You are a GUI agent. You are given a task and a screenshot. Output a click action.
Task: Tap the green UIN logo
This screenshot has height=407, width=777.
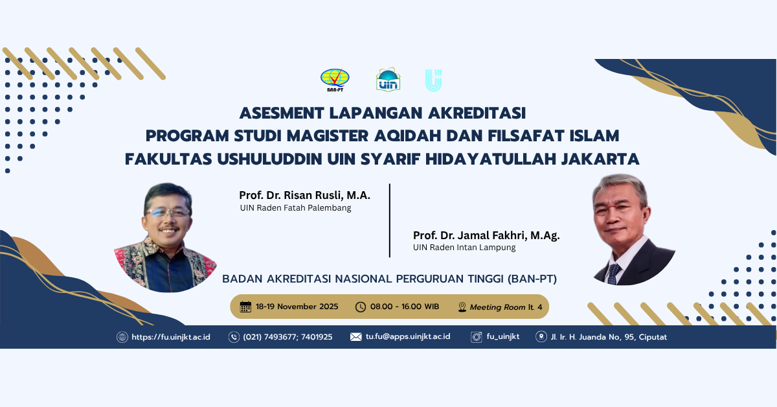pyautogui.click(x=388, y=80)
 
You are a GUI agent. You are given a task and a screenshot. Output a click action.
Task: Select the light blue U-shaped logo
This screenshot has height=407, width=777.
pyautogui.click(x=433, y=80)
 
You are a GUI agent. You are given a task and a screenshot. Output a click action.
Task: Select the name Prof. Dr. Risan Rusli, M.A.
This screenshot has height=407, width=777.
pyautogui.click(x=304, y=195)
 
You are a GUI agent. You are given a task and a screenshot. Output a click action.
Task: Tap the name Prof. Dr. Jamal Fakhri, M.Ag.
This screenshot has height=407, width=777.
pyautogui.click(x=486, y=235)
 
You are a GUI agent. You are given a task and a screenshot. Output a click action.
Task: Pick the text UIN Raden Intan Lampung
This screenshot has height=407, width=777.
pyautogui.click(x=464, y=247)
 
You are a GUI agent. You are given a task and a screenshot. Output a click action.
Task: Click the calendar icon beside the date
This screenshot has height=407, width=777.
pyautogui.click(x=245, y=307)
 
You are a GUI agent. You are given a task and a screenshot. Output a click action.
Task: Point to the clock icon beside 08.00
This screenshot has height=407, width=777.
pyautogui.click(x=360, y=307)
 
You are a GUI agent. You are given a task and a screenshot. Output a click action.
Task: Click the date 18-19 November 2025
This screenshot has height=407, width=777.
pyautogui.click(x=297, y=307)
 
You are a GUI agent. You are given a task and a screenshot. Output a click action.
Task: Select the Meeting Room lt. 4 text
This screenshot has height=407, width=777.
pyautogui.click(x=506, y=307)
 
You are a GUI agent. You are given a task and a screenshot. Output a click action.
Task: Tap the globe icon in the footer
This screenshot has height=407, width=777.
pyautogui.click(x=122, y=337)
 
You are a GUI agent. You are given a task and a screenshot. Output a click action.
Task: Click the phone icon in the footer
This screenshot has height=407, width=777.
pyautogui.click(x=234, y=337)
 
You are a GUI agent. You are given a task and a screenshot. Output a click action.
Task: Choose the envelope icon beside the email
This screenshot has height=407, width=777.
pyautogui.click(x=355, y=337)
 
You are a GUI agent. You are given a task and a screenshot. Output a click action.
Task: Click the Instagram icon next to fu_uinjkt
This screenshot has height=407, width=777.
pyautogui.click(x=477, y=337)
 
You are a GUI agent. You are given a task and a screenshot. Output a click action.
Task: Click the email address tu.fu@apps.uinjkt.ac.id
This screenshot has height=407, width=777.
pyautogui.click(x=407, y=337)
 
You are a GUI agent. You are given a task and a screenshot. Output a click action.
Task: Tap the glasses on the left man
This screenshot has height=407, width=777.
pyautogui.click(x=167, y=212)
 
